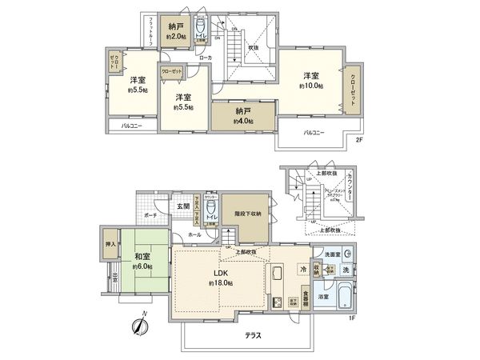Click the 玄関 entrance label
[x=183, y=206]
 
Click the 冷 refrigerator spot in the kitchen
[x=303, y=270]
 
